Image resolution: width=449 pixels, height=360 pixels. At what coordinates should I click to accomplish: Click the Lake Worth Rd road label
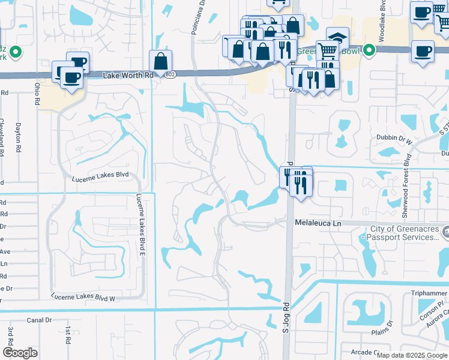(128, 76)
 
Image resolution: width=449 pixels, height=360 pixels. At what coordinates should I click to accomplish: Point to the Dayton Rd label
(18, 135)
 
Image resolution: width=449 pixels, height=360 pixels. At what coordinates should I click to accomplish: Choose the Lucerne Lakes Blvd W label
(83, 298)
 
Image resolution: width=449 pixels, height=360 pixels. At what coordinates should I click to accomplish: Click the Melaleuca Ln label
(318, 223)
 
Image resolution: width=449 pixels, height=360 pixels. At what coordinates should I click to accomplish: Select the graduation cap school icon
(337, 37)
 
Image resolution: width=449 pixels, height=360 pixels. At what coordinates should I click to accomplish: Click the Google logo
(20, 353)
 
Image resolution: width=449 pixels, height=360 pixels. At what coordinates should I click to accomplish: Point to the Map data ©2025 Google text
(412, 355)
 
